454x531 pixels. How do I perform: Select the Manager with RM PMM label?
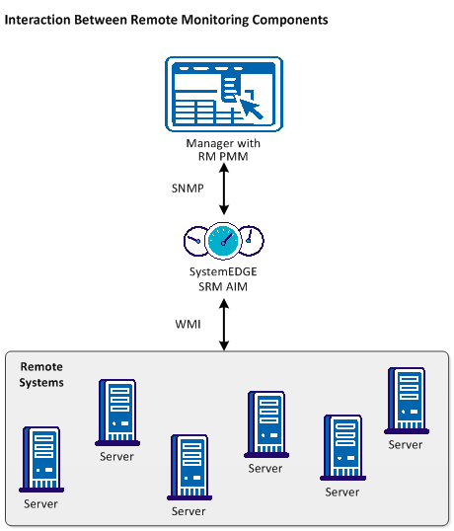(x=223, y=148)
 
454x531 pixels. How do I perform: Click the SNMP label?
(x=189, y=187)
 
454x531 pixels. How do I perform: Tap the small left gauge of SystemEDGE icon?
(x=192, y=240)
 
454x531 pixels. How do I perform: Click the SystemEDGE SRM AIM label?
(x=223, y=278)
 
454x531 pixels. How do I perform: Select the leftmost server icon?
(x=41, y=459)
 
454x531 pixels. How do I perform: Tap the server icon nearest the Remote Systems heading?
(x=115, y=412)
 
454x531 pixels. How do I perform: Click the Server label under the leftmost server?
(x=41, y=503)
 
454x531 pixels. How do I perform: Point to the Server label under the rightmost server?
(x=405, y=444)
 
